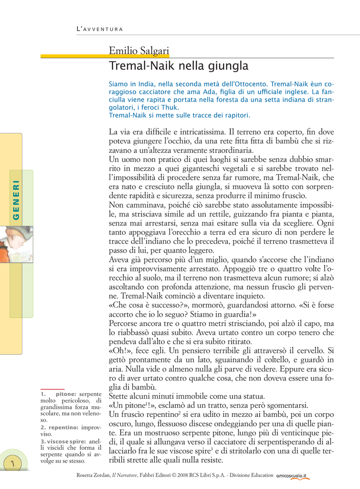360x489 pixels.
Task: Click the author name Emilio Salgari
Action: tap(139, 50)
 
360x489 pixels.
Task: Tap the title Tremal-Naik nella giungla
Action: tap(179, 65)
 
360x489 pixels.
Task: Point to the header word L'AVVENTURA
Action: tap(100, 30)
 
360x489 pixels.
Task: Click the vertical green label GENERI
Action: tap(16, 200)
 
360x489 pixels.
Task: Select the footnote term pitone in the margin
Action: tap(66, 394)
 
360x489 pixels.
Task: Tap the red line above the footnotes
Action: tap(53, 389)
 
